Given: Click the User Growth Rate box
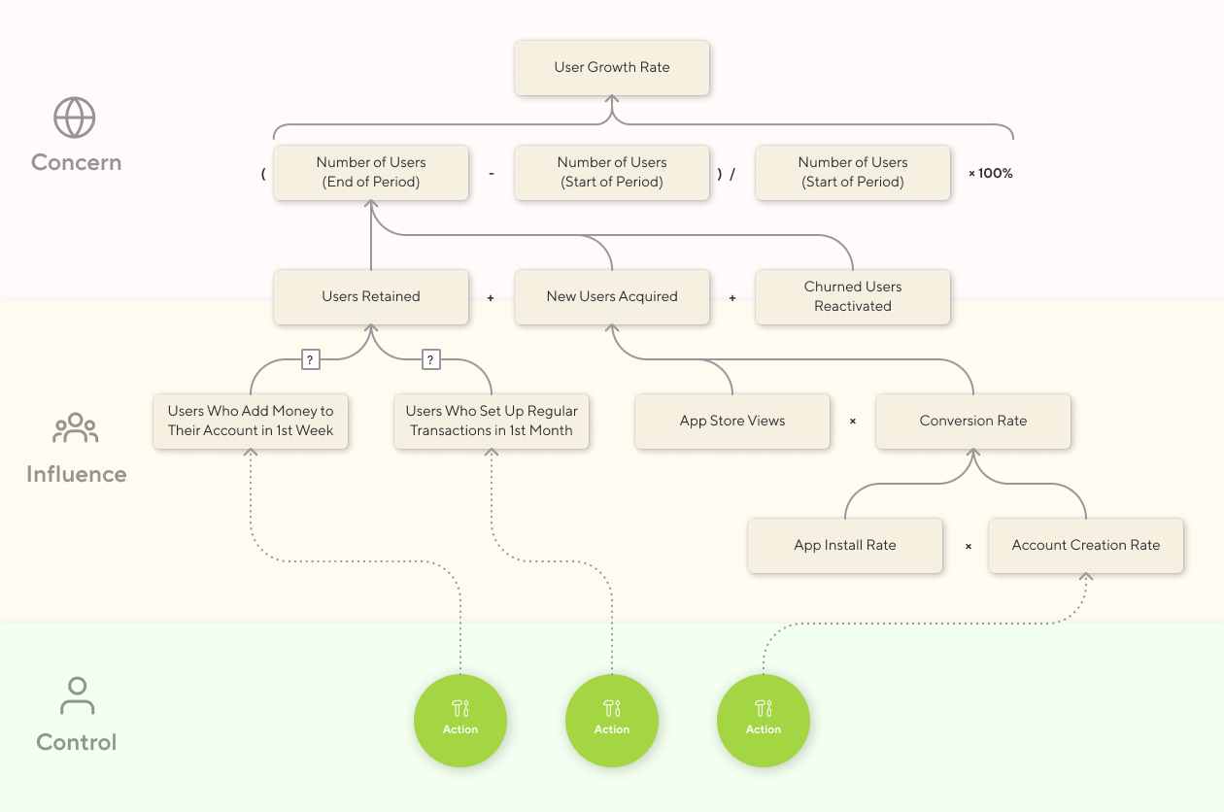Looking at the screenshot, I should point(612,67).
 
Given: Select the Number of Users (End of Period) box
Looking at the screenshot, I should point(371,173).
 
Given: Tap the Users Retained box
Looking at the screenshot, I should point(371,296).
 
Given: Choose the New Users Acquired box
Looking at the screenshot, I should point(612,296).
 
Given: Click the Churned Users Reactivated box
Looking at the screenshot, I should point(852,296).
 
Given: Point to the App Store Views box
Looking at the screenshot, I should point(732,421).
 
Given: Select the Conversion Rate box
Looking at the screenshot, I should point(972,421).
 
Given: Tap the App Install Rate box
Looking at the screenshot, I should point(845,545).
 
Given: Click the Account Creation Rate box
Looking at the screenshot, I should point(1085,545).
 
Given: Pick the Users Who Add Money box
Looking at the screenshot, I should point(251,421).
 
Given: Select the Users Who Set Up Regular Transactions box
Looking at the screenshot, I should point(492,421).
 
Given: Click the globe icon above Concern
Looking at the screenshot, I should point(75,118).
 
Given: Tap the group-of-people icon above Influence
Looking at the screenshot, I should point(76,428).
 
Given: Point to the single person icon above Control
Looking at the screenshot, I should point(76,696).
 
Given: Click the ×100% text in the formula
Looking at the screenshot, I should point(990,173).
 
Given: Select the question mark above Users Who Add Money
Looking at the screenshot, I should point(310,359).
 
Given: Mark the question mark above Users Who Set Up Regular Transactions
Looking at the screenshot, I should point(431,359).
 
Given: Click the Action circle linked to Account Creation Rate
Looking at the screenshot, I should point(764,720).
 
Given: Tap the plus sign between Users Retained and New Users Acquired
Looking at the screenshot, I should point(491,297).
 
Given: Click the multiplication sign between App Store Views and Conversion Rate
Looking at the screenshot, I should point(853,422).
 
